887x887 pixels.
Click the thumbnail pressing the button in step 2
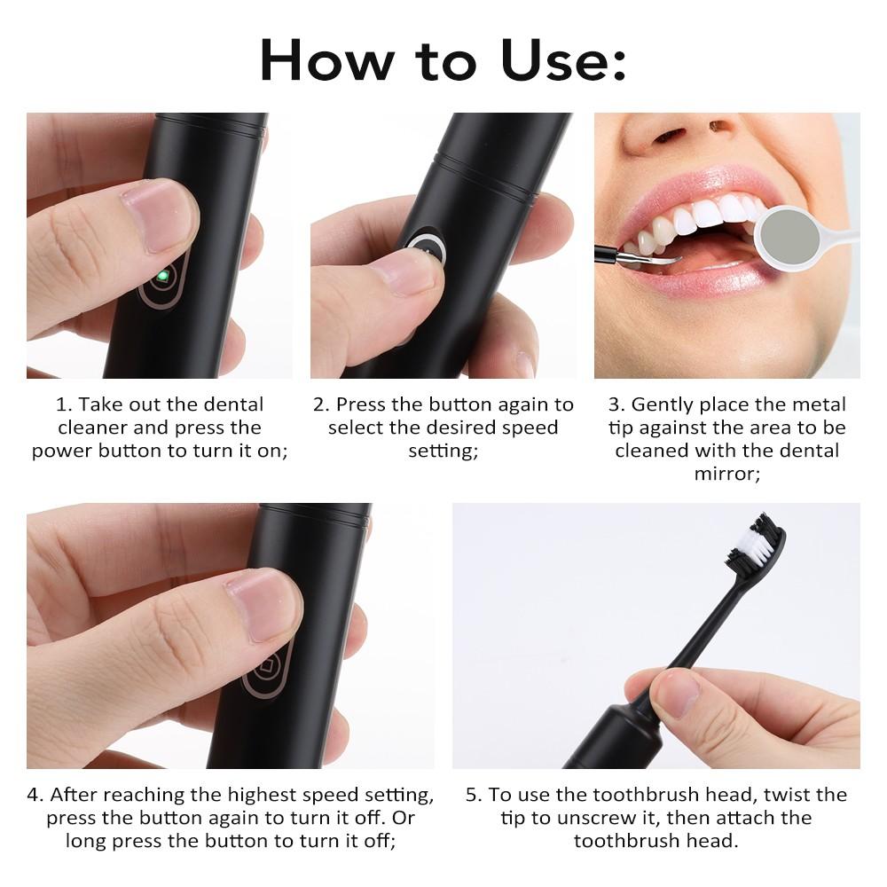(x=404, y=274)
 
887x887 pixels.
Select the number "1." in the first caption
(x=65, y=404)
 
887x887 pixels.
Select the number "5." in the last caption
(x=474, y=795)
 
